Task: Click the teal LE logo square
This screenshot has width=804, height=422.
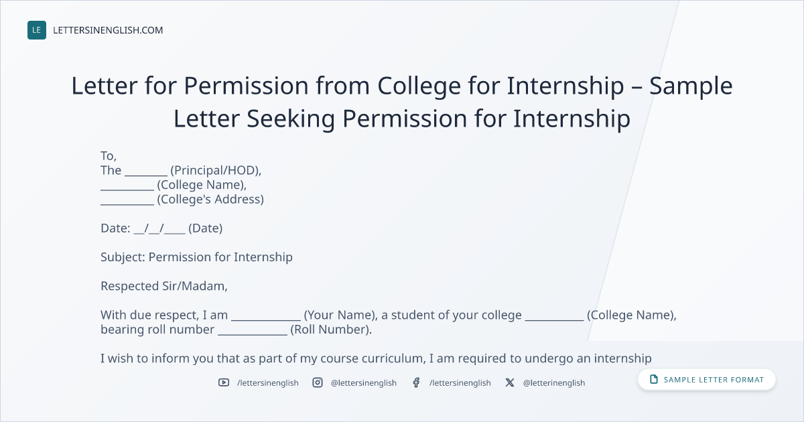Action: (37, 30)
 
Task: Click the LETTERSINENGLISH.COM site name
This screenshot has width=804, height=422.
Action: (108, 30)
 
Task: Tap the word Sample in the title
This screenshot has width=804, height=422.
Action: (691, 87)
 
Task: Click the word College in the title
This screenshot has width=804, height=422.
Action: (419, 87)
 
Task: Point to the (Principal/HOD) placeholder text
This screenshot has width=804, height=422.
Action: (216, 170)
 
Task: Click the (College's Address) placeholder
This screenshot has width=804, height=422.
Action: (210, 199)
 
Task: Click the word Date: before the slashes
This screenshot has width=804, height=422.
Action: (115, 228)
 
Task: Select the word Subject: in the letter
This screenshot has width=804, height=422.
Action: (123, 258)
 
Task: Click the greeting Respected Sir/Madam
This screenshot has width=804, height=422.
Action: (164, 286)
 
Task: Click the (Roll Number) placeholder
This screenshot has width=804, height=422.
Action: (331, 330)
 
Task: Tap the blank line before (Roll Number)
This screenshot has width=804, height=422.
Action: (253, 334)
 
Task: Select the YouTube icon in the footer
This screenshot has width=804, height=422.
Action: (224, 382)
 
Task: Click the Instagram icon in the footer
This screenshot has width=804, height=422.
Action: (318, 382)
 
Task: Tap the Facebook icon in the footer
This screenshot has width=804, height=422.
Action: (416, 382)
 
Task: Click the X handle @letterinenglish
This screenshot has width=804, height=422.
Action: (554, 383)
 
